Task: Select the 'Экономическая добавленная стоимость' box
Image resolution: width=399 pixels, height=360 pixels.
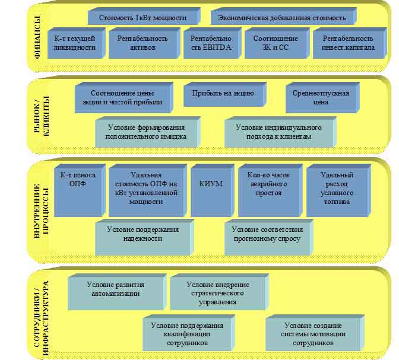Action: (282, 17)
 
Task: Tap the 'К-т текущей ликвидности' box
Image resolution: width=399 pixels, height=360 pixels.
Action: (74, 43)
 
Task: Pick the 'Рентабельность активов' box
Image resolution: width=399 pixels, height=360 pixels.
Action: (142, 43)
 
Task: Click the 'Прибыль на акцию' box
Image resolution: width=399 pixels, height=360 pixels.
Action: (223, 94)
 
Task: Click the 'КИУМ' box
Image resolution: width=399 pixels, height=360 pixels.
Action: (210, 184)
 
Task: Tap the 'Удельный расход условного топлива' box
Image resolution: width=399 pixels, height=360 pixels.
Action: (337, 189)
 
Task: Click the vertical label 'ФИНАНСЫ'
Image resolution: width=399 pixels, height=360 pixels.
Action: (38, 39)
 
